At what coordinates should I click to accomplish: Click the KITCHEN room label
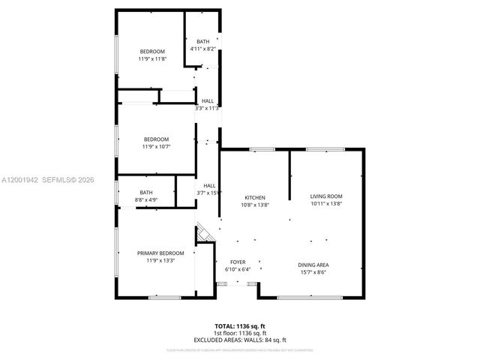click(x=255, y=197)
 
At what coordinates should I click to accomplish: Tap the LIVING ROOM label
click(x=326, y=196)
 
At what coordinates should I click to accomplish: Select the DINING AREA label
click(x=313, y=265)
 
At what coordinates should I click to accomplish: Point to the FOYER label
click(x=236, y=262)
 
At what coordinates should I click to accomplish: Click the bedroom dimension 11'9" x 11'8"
click(x=151, y=58)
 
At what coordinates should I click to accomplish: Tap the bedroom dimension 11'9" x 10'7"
click(x=156, y=146)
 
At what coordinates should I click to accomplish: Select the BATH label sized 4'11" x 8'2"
click(x=202, y=41)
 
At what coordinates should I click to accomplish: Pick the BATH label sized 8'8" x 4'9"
click(x=145, y=193)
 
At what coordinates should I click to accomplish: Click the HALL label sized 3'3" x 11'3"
click(x=208, y=100)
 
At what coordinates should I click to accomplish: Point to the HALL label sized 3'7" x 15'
click(x=209, y=185)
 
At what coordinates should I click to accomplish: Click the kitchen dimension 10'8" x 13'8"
click(x=255, y=205)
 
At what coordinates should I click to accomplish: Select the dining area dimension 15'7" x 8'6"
click(x=313, y=272)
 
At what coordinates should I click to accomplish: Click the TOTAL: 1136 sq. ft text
click(x=240, y=326)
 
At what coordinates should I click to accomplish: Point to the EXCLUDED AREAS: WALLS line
click(x=240, y=339)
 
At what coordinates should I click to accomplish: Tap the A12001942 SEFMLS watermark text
click(x=47, y=179)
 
